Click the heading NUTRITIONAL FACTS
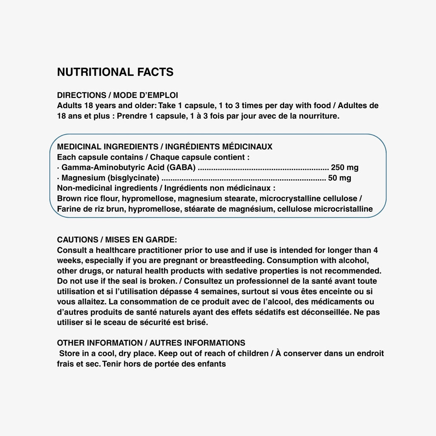115,72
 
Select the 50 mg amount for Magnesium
340,178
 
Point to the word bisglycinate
133,178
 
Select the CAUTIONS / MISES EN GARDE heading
117,240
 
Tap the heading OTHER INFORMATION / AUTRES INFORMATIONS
151,343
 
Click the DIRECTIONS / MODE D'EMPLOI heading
118,95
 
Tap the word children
252,353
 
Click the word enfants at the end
211,364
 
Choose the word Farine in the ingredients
69,209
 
